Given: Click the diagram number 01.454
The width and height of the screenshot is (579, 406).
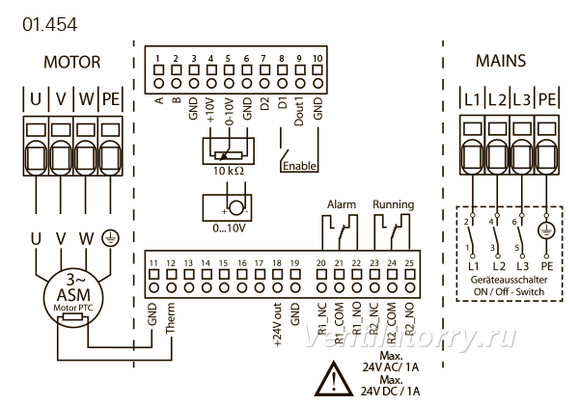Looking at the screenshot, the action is (50, 25).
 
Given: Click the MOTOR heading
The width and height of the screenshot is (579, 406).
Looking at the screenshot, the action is (72, 62).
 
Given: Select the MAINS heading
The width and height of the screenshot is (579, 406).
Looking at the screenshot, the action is (501, 61).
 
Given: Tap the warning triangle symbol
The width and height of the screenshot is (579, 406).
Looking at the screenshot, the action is (334, 378).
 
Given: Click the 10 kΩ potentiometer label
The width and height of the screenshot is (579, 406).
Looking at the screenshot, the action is (229, 171).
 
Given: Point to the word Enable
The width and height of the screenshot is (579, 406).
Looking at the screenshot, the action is (299, 166).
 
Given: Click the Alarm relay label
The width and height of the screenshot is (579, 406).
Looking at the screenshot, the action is (342, 204).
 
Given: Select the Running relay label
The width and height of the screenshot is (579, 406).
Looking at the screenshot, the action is (394, 204).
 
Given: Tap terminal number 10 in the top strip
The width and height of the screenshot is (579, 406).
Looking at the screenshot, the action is (317, 58).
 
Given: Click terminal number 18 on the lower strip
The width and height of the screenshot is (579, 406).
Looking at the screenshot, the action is (277, 263).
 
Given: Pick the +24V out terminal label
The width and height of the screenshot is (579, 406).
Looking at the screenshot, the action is (277, 325).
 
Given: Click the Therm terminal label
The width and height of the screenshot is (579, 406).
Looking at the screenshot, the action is (170, 318).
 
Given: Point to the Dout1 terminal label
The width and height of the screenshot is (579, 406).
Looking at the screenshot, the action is (299, 112).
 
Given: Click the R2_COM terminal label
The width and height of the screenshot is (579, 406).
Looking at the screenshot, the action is (392, 323).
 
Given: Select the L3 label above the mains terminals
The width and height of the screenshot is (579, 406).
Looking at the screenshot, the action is (521, 99).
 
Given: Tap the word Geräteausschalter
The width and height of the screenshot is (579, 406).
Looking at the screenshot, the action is (509, 280).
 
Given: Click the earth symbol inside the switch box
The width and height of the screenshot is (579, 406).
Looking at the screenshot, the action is (546, 230).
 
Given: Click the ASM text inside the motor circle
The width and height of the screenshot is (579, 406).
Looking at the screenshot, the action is (73, 295).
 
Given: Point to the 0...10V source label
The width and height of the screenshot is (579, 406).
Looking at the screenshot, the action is (229, 229).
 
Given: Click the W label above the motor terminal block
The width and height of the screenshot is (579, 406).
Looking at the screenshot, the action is (86, 99).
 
